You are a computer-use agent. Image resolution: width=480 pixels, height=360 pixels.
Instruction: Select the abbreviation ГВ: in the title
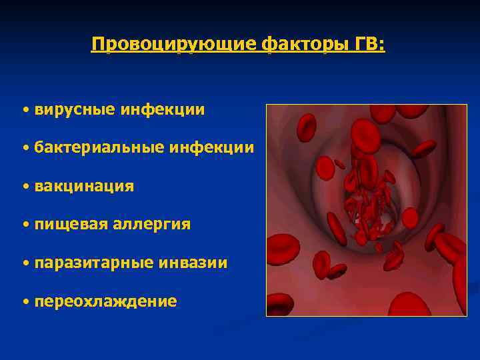click(368, 45)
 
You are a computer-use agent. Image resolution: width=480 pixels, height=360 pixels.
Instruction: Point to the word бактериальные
click(97, 147)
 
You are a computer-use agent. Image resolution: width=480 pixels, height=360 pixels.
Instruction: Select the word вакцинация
click(84, 186)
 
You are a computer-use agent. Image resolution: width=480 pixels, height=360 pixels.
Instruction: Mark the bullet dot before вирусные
click(25, 109)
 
